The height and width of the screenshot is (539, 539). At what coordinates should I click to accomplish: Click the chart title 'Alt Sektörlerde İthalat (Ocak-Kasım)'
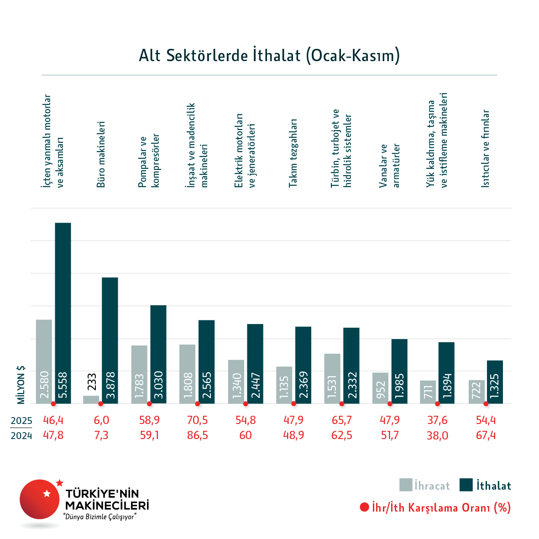[x=269, y=56]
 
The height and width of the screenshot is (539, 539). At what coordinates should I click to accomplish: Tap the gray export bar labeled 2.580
[x=44, y=361]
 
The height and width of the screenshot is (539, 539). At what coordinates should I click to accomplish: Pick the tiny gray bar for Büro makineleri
[x=91, y=399]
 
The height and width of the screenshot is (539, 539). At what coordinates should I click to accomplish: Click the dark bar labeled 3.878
[x=110, y=340]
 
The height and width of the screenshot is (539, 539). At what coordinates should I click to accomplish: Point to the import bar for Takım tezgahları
[x=303, y=365]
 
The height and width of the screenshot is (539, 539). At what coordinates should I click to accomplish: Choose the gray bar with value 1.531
[x=332, y=378]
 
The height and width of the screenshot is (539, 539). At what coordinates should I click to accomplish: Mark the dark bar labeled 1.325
[x=495, y=382]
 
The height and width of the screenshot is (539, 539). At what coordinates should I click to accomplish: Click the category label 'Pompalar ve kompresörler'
[x=149, y=160]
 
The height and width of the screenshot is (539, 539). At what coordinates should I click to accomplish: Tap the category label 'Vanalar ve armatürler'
[x=389, y=166]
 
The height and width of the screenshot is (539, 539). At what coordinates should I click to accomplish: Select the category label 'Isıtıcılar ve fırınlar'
[x=486, y=148]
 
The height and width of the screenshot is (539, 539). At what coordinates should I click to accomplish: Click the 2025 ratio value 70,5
[x=197, y=420]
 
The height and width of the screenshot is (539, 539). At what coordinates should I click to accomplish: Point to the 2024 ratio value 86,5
[x=197, y=435]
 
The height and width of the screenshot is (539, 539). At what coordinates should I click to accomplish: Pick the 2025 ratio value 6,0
[x=101, y=420]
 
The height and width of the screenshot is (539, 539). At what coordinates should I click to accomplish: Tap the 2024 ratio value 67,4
[x=486, y=435]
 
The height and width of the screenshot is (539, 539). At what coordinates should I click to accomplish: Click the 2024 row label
[x=21, y=435]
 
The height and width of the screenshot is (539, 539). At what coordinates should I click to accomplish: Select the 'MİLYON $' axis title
[x=21, y=385]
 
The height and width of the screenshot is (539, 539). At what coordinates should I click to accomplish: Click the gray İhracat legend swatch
[x=406, y=485]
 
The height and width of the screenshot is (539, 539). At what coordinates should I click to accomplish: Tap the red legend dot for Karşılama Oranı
[x=364, y=507]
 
